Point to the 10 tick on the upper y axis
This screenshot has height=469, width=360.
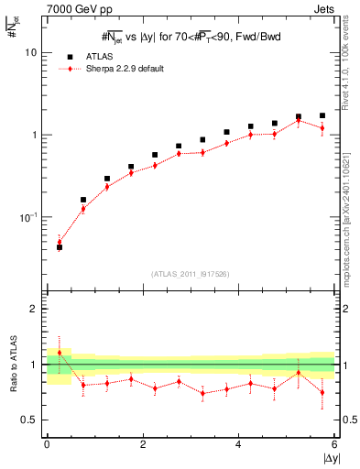click(30, 53)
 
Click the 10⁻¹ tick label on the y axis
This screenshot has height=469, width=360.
click(27, 217)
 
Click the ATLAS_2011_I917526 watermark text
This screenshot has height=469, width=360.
click(191, 274)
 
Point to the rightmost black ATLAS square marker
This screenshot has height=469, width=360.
click(322, 116)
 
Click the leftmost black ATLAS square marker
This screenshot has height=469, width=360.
click(60, 247)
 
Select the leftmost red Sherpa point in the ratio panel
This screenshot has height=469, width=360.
click(60, 353)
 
